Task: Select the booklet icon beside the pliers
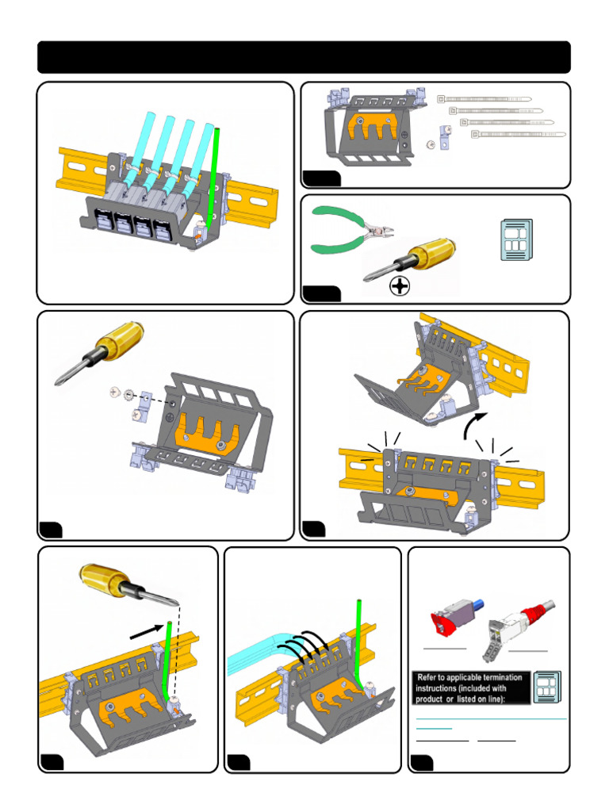517,239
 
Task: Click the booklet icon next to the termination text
546,687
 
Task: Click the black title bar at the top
304,57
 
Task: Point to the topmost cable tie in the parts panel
485,101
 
